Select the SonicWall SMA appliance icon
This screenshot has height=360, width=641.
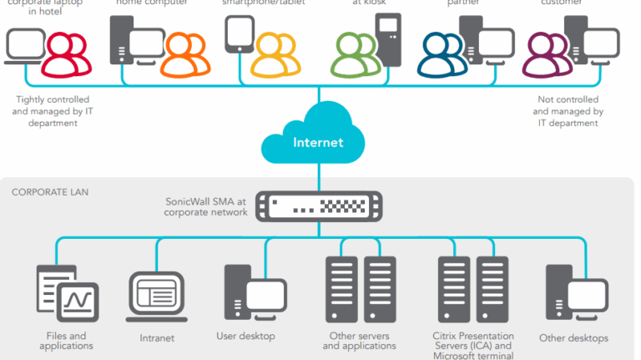(317, 205)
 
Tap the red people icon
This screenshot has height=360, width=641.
(64, 53)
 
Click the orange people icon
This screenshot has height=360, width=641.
(184, 53)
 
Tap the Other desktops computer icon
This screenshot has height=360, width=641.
(572, 297)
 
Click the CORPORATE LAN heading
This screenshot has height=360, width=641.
(50, 192)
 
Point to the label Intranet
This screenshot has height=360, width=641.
(156, 339)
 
